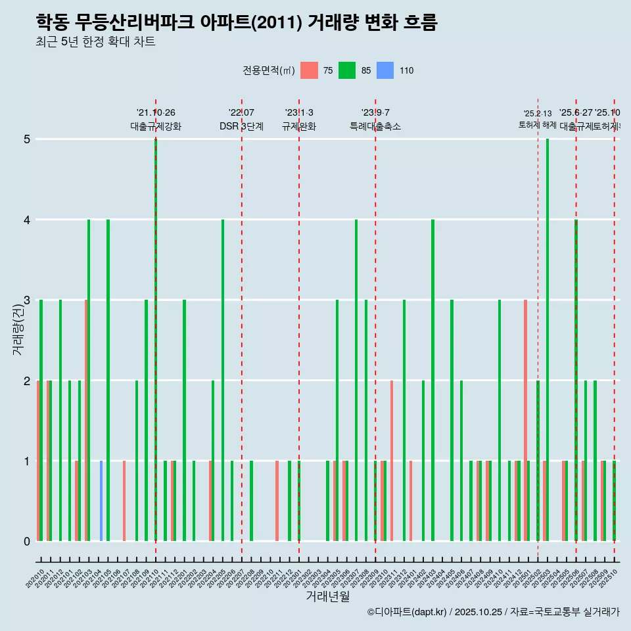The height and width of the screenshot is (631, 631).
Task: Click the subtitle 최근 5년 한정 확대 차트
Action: [95, 43]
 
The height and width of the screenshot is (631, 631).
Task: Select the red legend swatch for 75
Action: [309, 70]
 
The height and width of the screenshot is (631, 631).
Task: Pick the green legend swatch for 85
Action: [347, 70]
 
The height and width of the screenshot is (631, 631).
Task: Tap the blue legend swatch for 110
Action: [385, 70]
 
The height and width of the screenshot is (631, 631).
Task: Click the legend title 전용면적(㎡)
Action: [269, 70]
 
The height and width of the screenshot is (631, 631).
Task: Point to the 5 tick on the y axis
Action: [27, 139]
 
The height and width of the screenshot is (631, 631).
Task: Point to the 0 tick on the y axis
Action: [27, 542]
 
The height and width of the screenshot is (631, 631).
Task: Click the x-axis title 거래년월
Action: [327, 596]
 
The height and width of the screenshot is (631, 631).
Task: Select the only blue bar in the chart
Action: [101, 501]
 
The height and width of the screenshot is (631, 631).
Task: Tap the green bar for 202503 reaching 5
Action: [548, 340]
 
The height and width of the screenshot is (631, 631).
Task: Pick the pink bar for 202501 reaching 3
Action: [525, 421]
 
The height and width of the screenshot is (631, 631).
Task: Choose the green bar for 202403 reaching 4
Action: [432, 380]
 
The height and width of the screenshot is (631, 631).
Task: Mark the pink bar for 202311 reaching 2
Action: [392, 460]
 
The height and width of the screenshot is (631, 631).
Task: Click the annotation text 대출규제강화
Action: [156, 126]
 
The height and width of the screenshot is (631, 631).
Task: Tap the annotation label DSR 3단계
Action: [241, 126]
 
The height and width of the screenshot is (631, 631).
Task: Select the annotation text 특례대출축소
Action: [375, 126]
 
